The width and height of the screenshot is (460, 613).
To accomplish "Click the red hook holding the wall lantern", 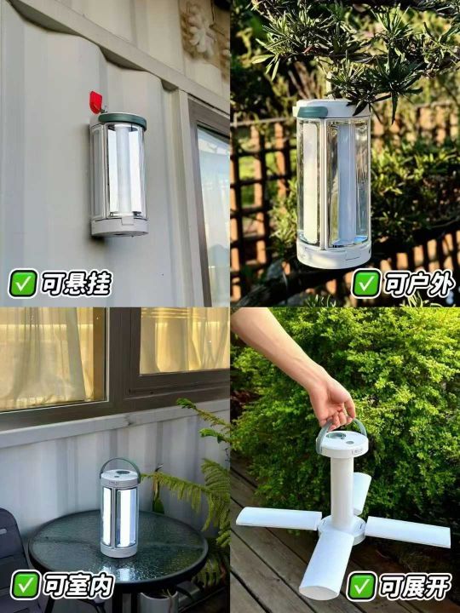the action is pyautogui.click(x=95, y=102).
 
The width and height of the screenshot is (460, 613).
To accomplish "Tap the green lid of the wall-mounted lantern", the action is pyautogui.click(x=123, y=120).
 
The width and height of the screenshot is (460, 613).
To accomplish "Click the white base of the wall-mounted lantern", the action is pyautogui.click(x=119, y=226).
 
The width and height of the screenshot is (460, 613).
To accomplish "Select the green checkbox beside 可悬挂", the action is pyautogui.click(x=23, y=283).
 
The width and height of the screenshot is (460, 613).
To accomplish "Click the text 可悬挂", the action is pyautogui.click(x=77, y=284).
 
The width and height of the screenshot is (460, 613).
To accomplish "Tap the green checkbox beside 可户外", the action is pyautogui.click(x=366, y=283).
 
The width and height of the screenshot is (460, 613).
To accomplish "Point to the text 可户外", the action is pyautogui.click(x=419, y=284).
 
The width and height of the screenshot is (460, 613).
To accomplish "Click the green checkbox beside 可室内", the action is pyautogui.click(x=26, y=585).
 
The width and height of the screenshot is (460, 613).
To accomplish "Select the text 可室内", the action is pyautogui.click(x=78, y=585).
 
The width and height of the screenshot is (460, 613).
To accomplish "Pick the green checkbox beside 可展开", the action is pyautogui.click(x=361, y=586).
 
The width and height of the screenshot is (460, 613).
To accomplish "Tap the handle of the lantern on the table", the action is pyautogui.click(x=120, y=461).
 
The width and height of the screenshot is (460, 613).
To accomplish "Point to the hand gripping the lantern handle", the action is pyautogui.click(x=331, y=398).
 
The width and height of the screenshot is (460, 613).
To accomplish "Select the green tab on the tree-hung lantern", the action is pyautogui.click(x=313, y=112).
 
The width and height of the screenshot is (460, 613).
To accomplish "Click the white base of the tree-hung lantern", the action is pyautogui.click(x=334, y=254).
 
